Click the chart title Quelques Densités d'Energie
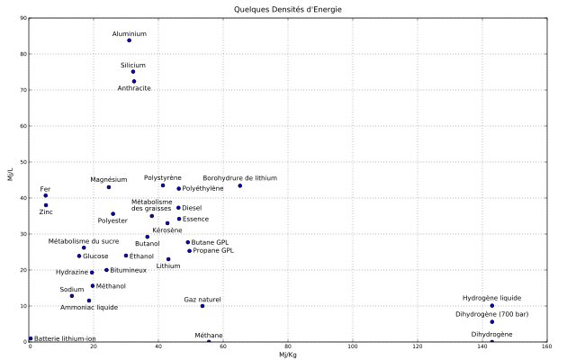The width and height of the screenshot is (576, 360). (288, 9)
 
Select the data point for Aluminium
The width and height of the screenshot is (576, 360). (130, 40)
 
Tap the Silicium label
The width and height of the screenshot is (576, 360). (133, 65)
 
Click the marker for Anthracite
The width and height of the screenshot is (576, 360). (134, 81)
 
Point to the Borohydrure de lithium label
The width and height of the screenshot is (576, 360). (239, 178)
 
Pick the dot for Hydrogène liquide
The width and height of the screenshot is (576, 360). (492, 306)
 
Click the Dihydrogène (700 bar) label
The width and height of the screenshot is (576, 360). (492, 314)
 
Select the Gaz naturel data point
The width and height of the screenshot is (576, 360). (202, 306)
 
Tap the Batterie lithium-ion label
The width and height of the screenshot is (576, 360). (65, 338)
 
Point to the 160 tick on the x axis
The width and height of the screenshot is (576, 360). (546, 347)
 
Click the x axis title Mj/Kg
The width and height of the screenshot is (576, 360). (288, 355)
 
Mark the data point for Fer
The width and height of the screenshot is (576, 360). (46, 195)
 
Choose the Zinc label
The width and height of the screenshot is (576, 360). (45, 212)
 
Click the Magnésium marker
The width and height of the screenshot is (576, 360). (109, 187)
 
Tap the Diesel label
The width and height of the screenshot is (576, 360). (192, 208)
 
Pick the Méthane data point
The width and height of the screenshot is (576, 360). (209, 342)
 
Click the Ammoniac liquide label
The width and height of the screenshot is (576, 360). (89, 308)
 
